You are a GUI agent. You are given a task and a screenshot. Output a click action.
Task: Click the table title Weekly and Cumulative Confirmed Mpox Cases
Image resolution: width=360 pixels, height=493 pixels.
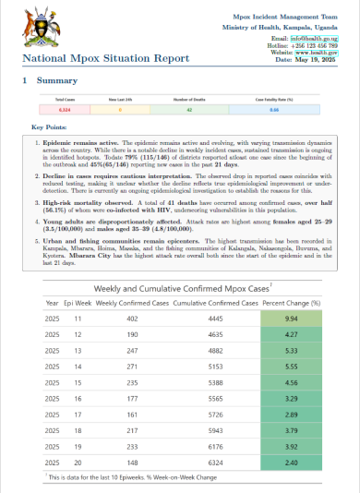[178, 262]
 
